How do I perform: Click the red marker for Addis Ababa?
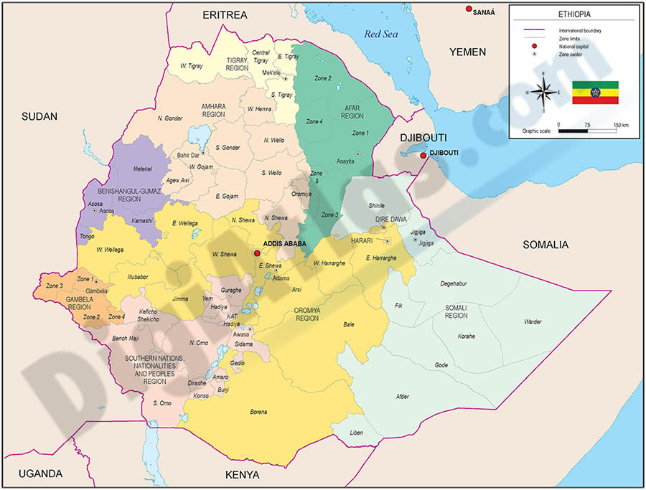257,253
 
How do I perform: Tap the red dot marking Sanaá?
469,9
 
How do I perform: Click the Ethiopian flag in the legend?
595,93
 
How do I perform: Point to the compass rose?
544,92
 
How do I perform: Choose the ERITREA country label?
225,15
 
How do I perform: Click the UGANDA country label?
41,473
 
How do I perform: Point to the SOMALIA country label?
545,245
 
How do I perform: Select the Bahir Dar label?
187,155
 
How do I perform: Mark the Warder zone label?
533,321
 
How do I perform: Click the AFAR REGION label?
352,112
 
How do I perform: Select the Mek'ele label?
271,73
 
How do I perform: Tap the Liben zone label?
357,433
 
